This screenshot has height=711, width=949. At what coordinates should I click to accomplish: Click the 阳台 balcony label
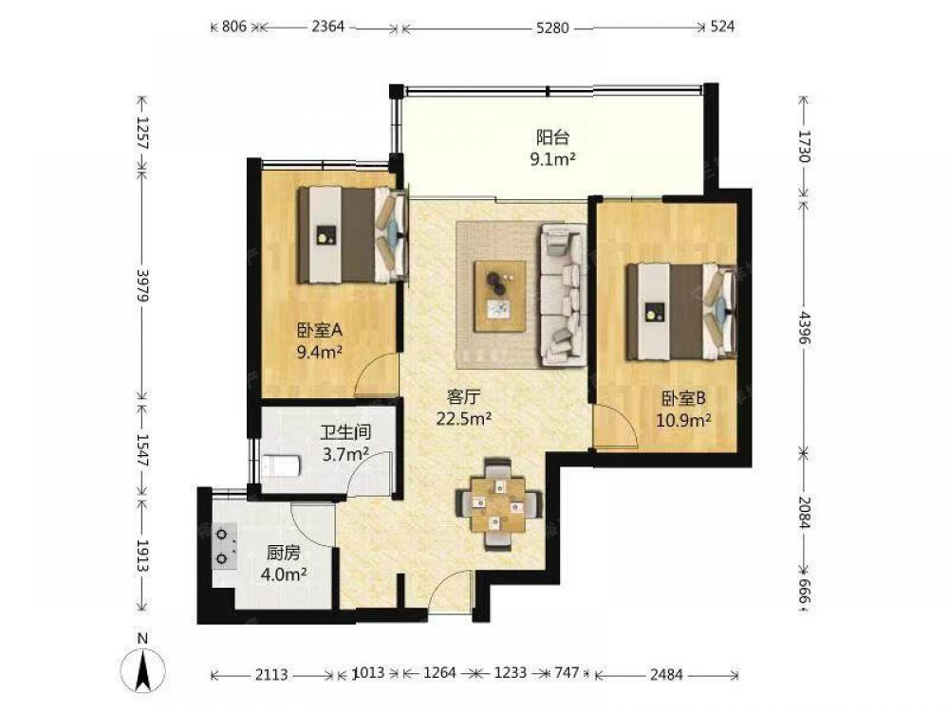tap(553, 137)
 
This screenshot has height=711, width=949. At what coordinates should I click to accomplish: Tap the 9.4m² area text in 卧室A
tap(320, 352)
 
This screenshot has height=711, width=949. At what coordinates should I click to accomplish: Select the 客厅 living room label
tap(464, 396)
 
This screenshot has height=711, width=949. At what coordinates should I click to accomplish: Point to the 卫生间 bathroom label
tap(345, 432)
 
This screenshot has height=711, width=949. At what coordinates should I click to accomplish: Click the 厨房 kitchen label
tap(283, 553)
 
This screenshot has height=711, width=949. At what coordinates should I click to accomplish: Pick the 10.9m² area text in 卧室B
tap(683, 420)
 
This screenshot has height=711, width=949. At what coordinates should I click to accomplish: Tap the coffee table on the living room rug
tap(500, 296)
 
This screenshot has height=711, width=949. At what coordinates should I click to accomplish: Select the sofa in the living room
tap(563, 295)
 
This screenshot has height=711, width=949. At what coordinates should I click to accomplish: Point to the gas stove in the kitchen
tap(223, 547)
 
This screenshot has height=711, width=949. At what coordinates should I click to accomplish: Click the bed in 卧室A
tap(352, 235)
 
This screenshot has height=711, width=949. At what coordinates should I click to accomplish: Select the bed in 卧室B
tap(680, 311)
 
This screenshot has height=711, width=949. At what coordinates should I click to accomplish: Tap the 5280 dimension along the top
tap(552, 27)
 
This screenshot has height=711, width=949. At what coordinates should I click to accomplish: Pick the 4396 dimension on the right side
tap(805, 328)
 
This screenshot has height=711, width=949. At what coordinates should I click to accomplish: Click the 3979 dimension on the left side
tap(143, 284)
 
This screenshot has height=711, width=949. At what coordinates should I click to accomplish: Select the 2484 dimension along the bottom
tap(666, 673)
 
